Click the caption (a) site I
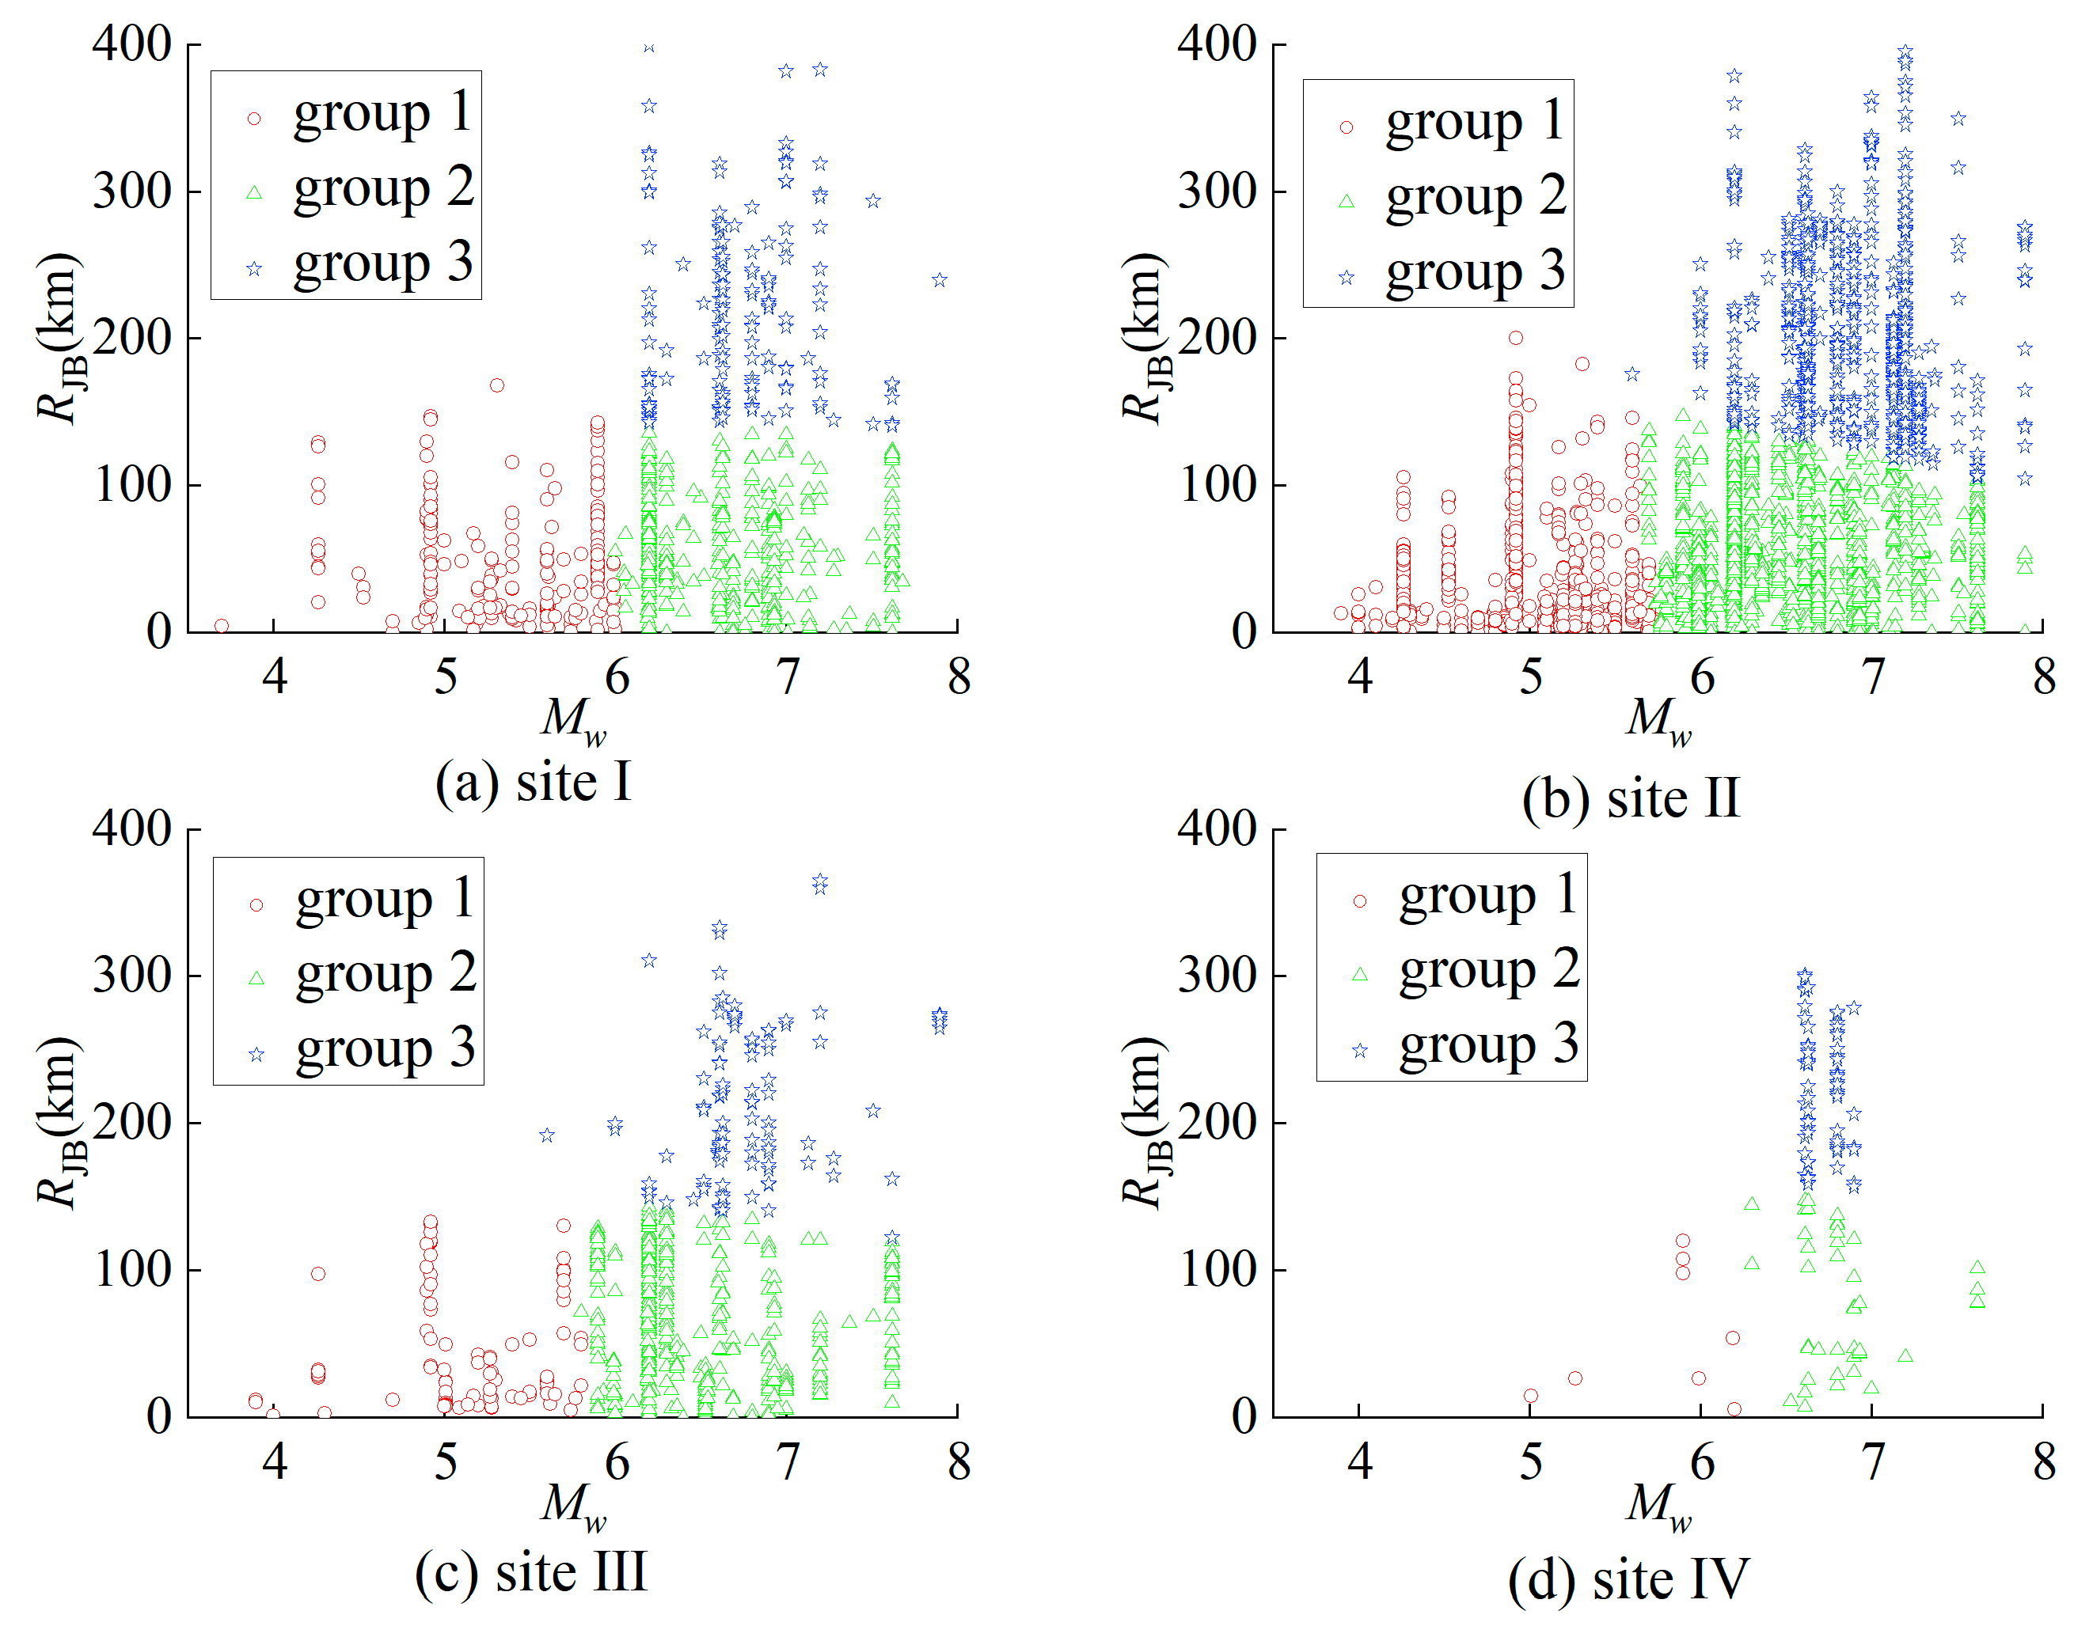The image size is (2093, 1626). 533,783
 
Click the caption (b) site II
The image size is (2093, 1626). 1630,798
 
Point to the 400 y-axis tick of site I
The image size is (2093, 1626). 131,44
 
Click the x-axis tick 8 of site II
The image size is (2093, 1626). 2044,677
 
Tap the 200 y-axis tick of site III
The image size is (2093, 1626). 131,1123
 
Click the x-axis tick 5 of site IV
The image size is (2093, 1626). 1530,1462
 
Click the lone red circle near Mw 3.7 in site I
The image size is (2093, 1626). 222,626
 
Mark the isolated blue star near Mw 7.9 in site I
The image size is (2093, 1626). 939,280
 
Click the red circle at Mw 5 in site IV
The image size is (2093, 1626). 1530,1396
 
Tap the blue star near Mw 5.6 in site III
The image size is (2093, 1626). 546,1135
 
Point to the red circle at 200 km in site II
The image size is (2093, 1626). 1515,337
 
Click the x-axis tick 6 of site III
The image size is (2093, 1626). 616,1462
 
